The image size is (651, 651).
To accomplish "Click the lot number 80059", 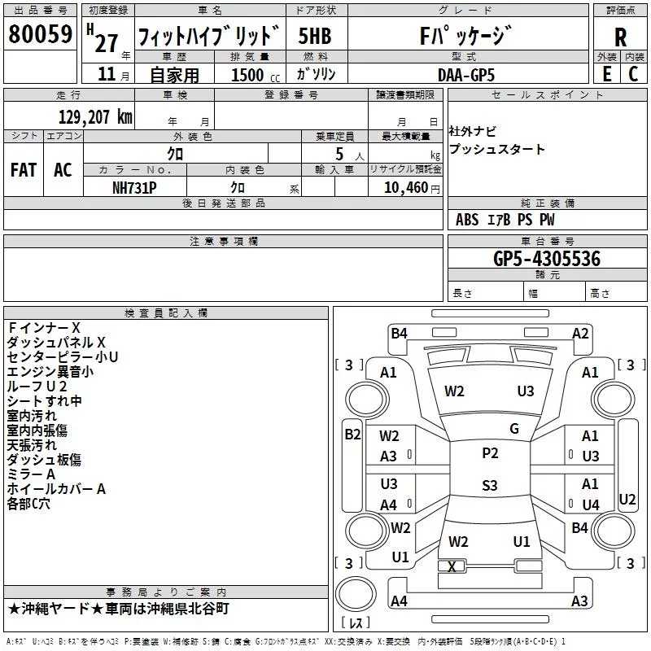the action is pos(39,35).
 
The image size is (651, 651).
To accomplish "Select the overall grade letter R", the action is pos(620,37).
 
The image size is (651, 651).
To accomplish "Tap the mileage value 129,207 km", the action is pos(95,117).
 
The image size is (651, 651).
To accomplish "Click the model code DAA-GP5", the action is pos(465,74).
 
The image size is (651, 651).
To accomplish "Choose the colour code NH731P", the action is pos(135,187).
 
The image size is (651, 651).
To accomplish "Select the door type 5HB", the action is pos(314,37).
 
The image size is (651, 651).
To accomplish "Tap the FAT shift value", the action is pos(23,169).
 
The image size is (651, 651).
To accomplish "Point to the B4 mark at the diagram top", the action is pos(399,333).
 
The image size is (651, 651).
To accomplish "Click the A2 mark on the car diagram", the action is pos(580,333).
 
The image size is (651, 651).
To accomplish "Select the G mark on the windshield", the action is pos(513,429).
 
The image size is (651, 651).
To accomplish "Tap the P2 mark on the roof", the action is pos(490,453).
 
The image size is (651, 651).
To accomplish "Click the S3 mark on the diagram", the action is pos(489,486).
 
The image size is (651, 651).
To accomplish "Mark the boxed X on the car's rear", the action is pos(452,566).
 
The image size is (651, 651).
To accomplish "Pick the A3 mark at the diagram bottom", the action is pos(579,601).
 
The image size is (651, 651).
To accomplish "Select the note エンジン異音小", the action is pos(50,371).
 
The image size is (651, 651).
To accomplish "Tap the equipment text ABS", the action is pos(467,220).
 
